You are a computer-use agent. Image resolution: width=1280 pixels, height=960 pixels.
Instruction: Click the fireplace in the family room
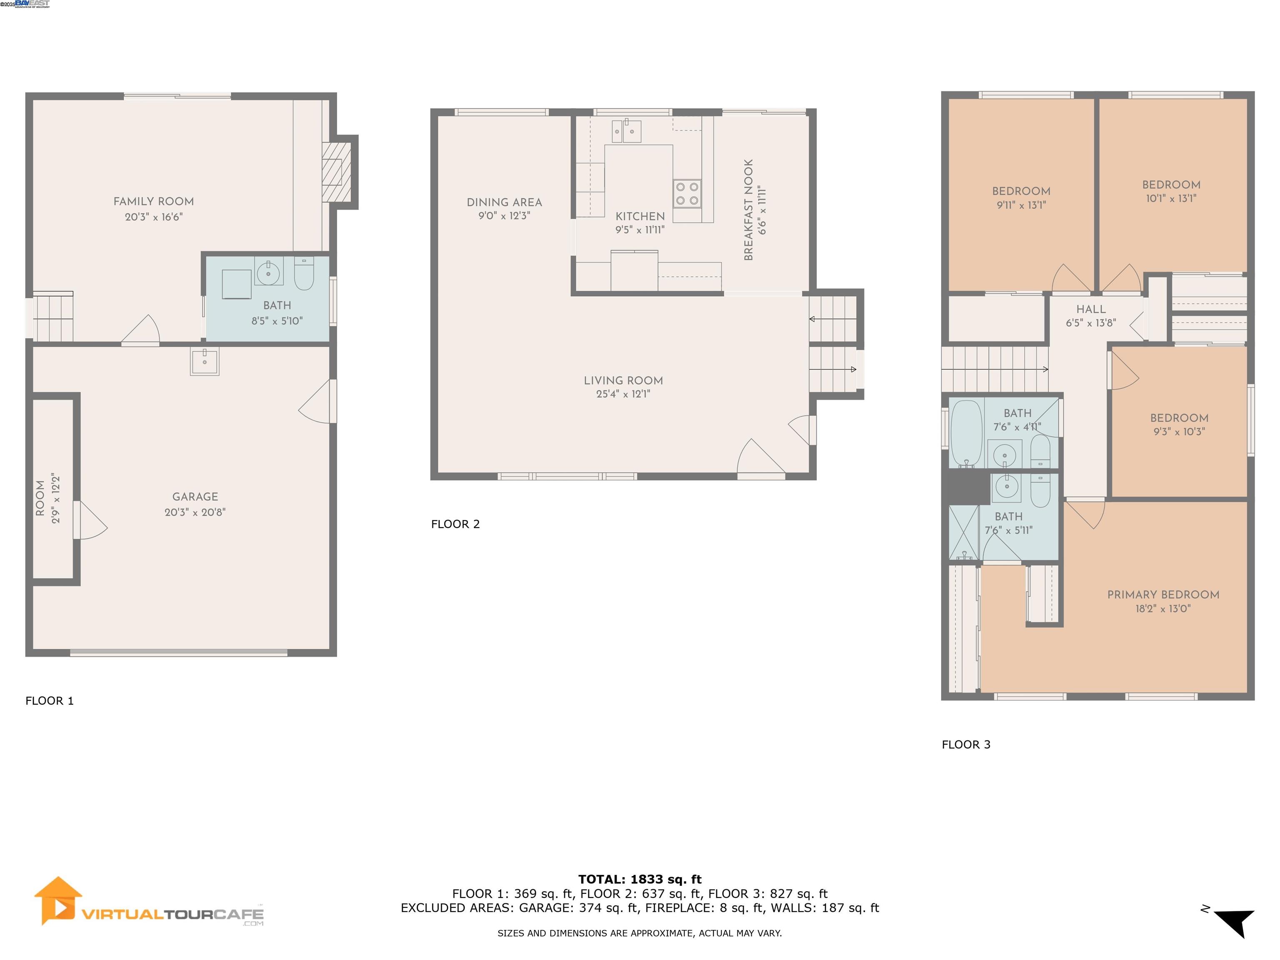[x=336, y=172]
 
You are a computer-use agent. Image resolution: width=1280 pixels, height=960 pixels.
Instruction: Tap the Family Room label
[x=153, y=201]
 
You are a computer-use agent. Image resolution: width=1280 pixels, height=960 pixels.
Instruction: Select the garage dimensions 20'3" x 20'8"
[x=195, y=512]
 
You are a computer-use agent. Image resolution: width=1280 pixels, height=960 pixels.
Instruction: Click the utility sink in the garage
[x=204, y=361]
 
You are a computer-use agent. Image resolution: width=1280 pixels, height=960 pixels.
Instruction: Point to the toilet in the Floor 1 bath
[x=304, y=274]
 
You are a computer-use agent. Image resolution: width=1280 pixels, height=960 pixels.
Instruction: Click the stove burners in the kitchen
[x=687, y=194]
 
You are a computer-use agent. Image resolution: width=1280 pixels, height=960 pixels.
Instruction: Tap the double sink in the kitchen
[x=625, y=131]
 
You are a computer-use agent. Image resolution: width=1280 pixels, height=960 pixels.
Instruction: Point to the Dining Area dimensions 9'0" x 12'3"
[x=504, y=216]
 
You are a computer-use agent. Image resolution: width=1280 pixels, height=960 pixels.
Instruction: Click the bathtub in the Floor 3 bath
[x=966, y=433]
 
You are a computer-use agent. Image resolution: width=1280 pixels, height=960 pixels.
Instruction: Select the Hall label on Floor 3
[x=1091, y=310]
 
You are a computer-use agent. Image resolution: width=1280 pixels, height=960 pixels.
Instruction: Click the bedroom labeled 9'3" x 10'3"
[x=1179, y=424]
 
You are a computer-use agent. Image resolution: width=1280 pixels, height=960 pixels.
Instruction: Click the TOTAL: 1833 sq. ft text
[x=640, y=880]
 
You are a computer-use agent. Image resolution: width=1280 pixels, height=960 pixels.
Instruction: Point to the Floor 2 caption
[x=455, y=524]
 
